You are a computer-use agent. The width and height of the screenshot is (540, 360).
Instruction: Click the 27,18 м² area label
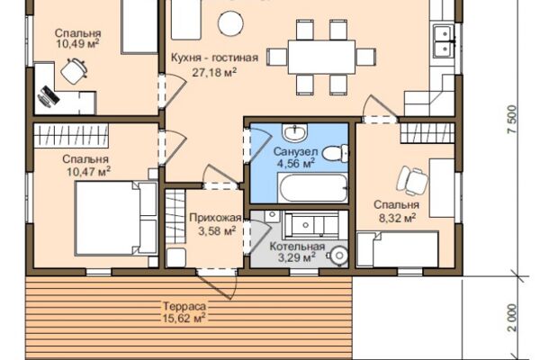tap(214, 72)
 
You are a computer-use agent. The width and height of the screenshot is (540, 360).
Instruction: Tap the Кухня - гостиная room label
tap(214, 58)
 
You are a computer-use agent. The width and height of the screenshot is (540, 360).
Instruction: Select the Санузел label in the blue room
tap(295, 151)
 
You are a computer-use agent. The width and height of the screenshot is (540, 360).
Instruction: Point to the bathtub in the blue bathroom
tap(312, 188)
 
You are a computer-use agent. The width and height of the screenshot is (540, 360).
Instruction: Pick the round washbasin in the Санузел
tap(294, 131)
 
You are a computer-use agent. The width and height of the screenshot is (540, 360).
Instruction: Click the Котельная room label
tap(297, 247)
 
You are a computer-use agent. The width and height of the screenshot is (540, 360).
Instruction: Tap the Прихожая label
tap(215, 218)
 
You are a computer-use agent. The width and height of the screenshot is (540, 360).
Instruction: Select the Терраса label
tap(184, 306)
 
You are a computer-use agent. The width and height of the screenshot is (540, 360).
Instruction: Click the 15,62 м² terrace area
tap(184, 318)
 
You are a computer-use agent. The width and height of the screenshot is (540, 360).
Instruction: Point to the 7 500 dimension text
tap(512, 119)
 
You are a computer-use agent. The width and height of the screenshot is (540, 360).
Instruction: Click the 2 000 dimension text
tap(512, 318)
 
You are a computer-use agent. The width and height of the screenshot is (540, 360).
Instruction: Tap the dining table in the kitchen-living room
tap(321, 57)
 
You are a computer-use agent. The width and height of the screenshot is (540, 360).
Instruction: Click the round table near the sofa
tap(230, 23)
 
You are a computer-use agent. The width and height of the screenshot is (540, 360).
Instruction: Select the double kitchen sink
tap(445, 40)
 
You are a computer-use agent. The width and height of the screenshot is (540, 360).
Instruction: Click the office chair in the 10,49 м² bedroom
tap(74, 71)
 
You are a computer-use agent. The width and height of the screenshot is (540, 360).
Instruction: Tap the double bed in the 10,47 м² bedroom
tap(116, 219)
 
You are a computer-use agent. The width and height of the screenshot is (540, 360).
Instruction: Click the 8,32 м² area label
tap(397, 218)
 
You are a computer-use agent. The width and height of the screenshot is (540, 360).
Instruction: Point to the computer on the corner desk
tap(49, 95)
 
